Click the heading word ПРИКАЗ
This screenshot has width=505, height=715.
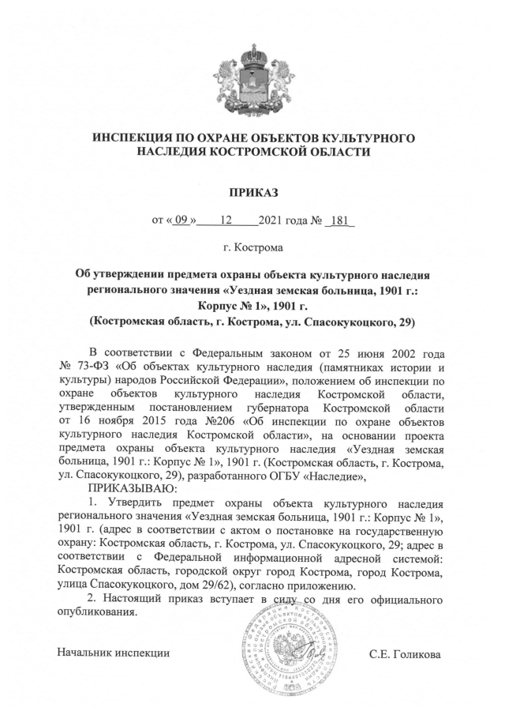(252, 192)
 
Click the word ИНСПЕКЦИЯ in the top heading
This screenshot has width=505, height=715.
(135, 138)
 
